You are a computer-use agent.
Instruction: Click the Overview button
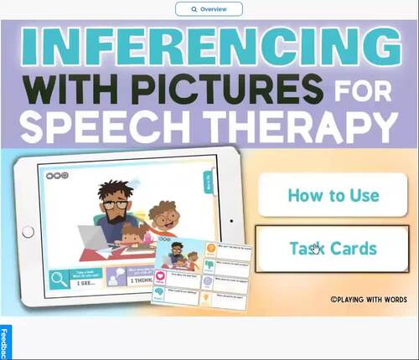pyautogui.click(x=209, y=9)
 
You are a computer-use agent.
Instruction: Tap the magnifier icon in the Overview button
pyautogui.click(x=194, y=9)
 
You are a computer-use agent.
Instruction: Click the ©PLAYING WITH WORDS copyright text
pyautogui.click(x=368, y=297)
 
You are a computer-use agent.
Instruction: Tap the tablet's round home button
pyautogui.click(x=28, y=231)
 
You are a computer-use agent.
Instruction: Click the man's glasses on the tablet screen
pyautogui.click(x=116, y=203)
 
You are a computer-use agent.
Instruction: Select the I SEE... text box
pyautogui.click(x=88, y=283)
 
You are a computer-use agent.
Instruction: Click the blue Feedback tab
pyautogui.click(x=4, y=343)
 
